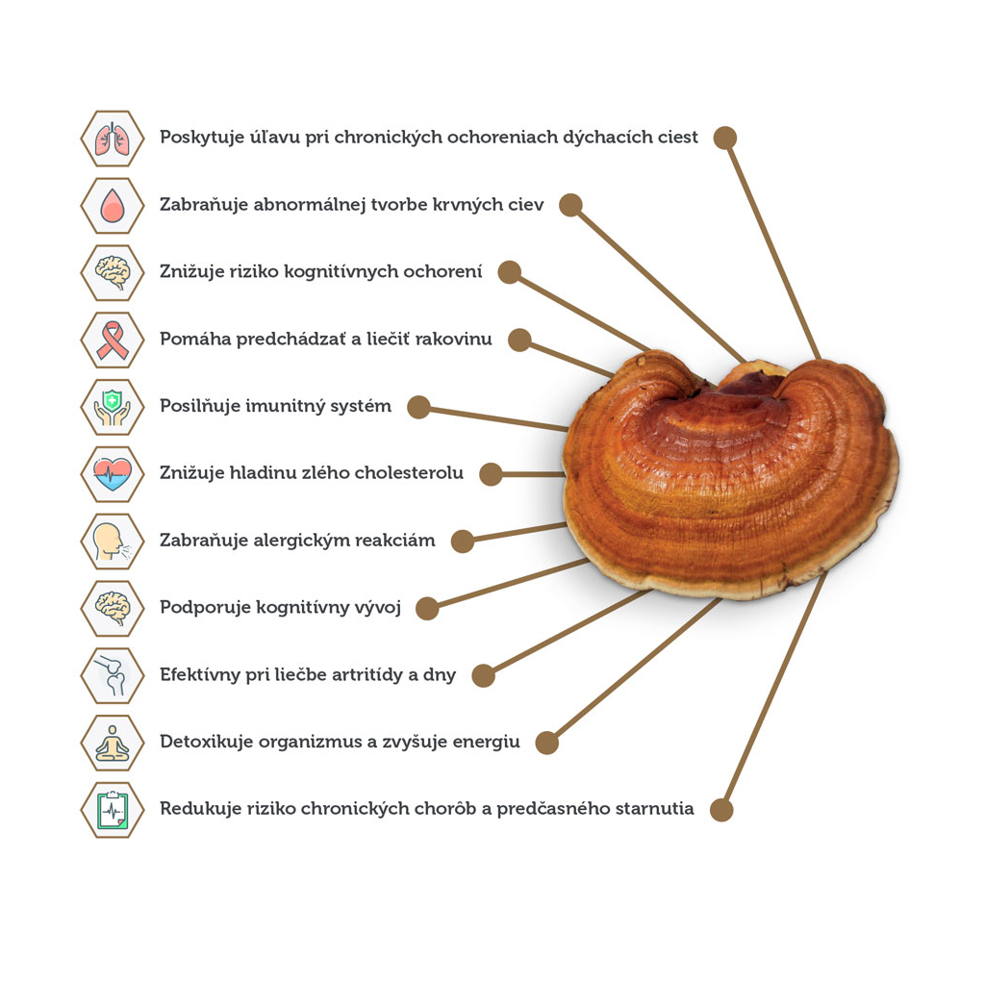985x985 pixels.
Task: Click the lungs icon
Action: click(x=113, y=139)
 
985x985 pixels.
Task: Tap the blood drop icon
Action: click(x=113, y=206)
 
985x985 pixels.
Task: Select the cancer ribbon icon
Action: click(x=113, y=340)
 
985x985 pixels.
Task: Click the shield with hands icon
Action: click(x=113, y=407)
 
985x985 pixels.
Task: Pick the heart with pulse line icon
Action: click(x=113, y=473)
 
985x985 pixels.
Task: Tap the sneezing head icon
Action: click(x=113, y=541)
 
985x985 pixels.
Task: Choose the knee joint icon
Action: click(x=113, y=675)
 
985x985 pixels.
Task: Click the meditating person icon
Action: click(x=113, y=743)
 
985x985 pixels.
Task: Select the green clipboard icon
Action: click(x=113, y=809)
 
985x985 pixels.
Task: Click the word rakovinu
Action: click(x=453, y=340)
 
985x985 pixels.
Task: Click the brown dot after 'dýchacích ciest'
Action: click(x=725, y=138)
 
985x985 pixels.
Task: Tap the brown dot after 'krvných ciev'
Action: click(x=570, y=205)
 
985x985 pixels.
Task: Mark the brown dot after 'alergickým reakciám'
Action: click(x=463, y=541)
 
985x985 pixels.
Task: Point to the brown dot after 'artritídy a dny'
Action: click(x=484, y=675)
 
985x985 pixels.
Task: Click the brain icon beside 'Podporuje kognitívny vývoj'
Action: click(x=113, y=608)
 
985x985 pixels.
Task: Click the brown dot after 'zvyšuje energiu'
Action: click(x=546, y=743)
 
